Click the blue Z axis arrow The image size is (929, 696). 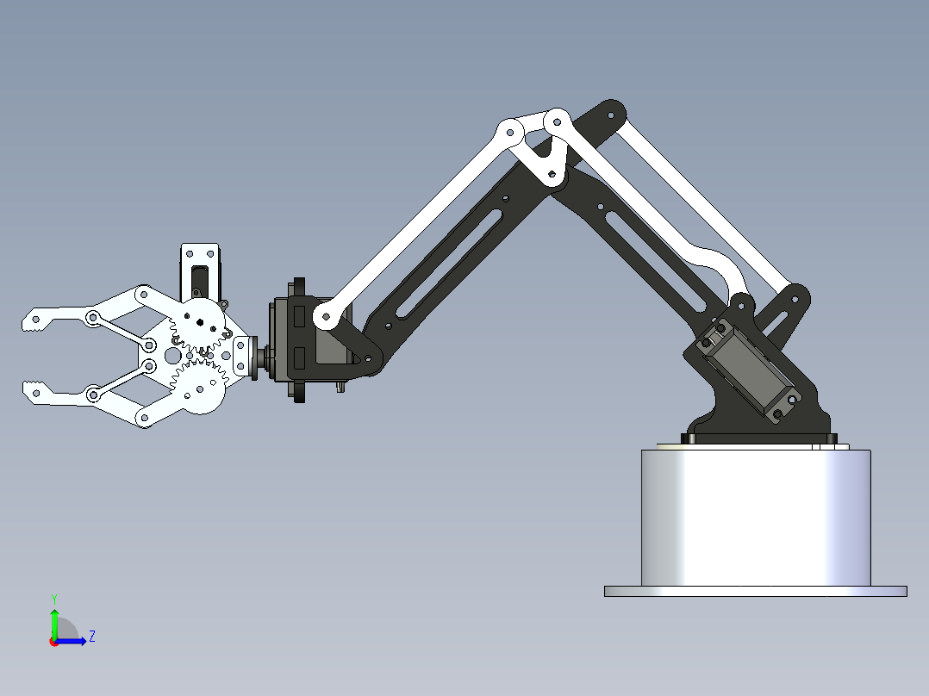tap(74, 641)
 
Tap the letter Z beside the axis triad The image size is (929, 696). tap(91, 637)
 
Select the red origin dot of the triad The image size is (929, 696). tap(54, 642)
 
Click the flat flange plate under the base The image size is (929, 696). tap(755, 591)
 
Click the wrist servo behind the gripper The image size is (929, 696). tap(297, 340)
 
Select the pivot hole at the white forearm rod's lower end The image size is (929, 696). tap(325, 317)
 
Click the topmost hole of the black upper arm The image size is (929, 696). tap(611, 114)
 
